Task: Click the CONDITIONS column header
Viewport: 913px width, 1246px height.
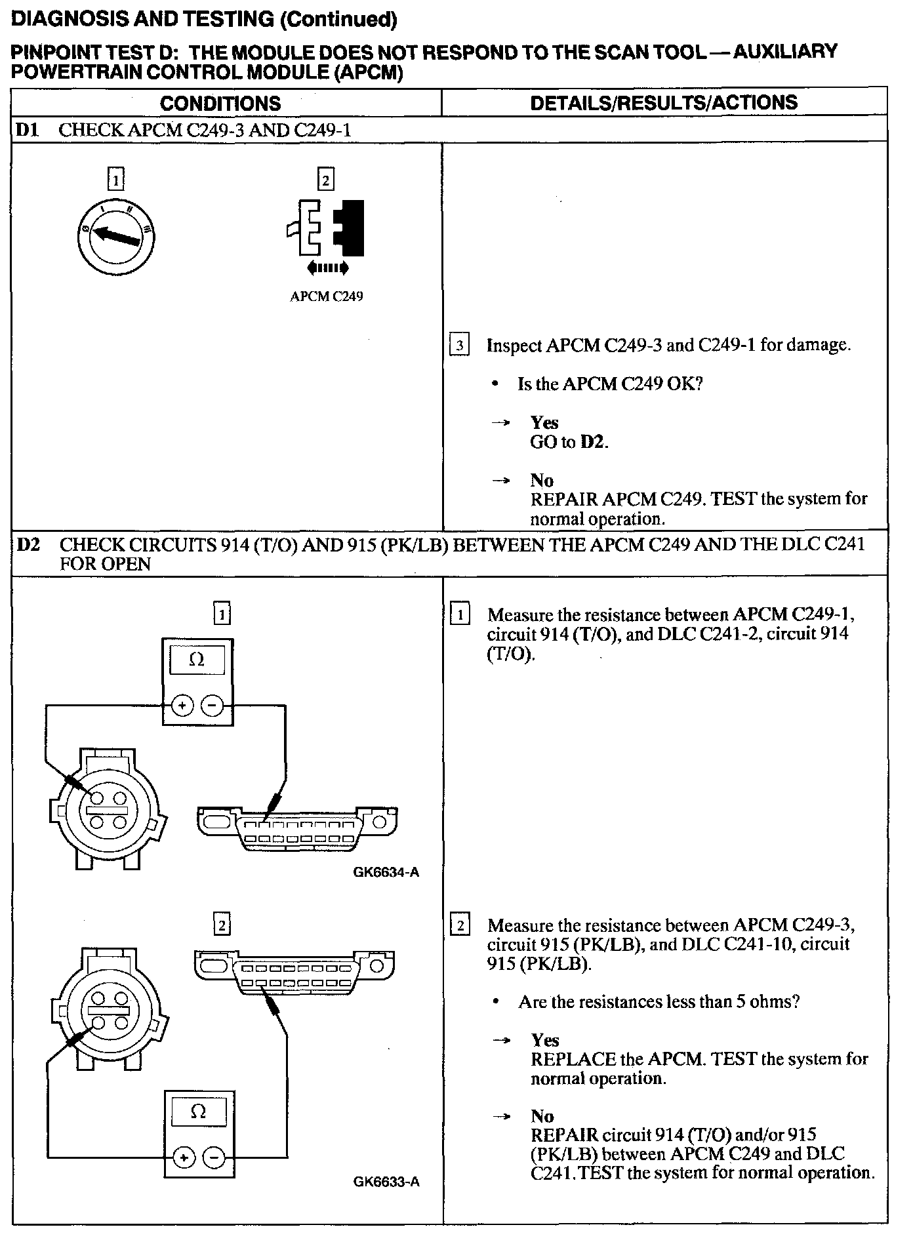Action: pos(220,103)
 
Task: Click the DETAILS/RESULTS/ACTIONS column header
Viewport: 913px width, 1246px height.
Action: pos(663,102)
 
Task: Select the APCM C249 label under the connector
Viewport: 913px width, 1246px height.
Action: pos(326,296)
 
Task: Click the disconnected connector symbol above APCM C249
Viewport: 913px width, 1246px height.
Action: pos(326,228)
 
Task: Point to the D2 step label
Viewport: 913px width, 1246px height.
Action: pos(28,544)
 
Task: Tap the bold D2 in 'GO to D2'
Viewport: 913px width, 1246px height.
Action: pos(593,442)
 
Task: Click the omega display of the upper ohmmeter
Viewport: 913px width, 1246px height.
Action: pos(197,660)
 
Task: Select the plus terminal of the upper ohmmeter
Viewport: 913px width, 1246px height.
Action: pos(182,706)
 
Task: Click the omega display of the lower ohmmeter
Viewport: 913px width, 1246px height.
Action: pos(198,1112)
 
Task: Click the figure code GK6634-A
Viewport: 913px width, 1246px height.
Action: pos(386,873)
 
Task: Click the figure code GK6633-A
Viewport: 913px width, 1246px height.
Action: pos(386,1182)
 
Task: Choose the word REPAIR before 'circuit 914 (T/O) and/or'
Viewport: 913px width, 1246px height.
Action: pos(564,1135)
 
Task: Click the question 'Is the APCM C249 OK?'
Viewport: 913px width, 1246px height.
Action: pos(610,384)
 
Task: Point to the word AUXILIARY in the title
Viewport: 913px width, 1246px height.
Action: pos(784,52)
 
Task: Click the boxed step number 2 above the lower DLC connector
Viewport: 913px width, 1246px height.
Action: pos(222,925)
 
